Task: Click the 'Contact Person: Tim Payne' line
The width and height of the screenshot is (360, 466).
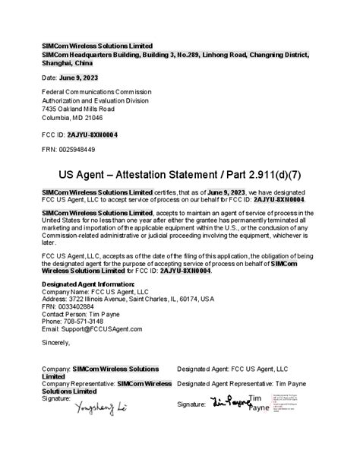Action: [x=83, y=312]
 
